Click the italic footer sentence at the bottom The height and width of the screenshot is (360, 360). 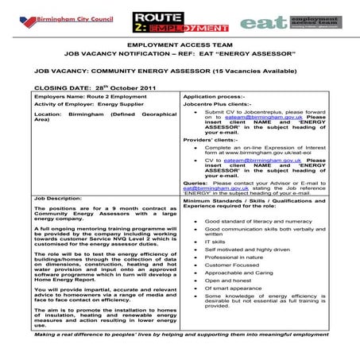179,335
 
